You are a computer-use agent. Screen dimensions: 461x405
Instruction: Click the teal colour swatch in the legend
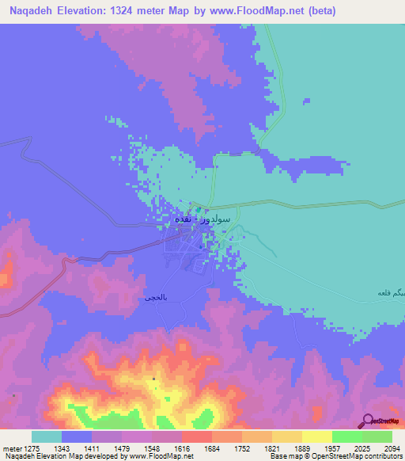pos(47,436)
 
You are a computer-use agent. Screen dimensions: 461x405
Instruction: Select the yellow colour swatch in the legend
pos(316,436)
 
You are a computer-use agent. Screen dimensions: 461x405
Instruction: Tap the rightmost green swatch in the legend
pos(377,436)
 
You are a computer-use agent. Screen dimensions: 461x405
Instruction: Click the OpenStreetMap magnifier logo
pos(368,420)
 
